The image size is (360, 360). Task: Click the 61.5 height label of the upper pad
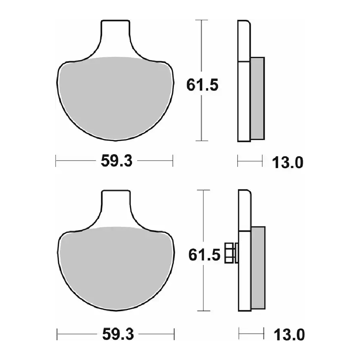coord(202,85)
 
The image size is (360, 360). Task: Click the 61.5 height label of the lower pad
coord(204,255)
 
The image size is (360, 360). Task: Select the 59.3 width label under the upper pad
coord(117,161)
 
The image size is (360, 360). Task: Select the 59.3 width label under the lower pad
coord(118,334)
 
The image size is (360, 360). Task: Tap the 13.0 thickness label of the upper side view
coord(288,162)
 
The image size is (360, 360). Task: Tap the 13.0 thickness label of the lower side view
coord(289,334)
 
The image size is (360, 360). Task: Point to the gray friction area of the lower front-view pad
coord(116,269)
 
